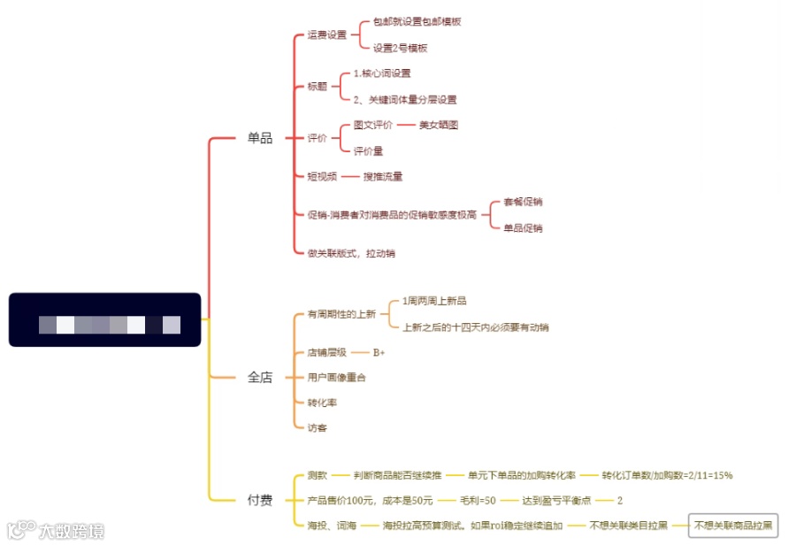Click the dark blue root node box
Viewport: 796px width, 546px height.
point(105,319)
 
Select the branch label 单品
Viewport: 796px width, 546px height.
point(260,138)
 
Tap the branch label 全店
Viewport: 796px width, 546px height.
point(260,378)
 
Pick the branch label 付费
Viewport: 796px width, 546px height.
point(260,501)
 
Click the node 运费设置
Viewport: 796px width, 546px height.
point(327,35)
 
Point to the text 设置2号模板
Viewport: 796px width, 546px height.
point(400,49)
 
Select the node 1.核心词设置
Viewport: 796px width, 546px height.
point(382,73)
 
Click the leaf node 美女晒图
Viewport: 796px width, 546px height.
point(439,126)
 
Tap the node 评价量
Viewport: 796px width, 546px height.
point(369,151)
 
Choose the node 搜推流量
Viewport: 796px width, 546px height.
point(383,177)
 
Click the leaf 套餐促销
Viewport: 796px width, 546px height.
point(523,203)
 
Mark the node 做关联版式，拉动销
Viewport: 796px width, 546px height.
point(351,253)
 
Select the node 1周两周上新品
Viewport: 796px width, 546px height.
point(434,302)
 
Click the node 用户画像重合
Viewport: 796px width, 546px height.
point(337,378)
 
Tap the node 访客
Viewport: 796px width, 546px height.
point(318,427)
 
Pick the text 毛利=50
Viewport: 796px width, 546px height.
point(478,501)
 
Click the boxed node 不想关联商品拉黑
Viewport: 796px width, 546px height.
point(733,526)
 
